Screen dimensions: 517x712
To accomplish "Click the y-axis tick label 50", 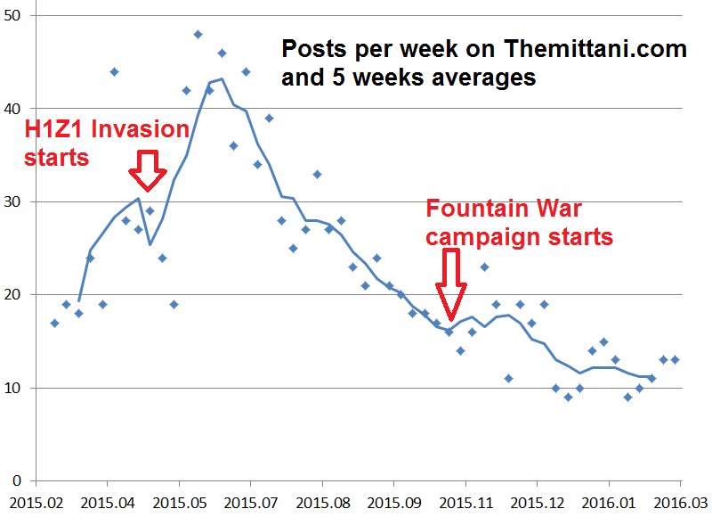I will point(15,15).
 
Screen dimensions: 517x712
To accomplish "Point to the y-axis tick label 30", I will point(15,201).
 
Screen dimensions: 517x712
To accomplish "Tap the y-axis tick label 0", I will point(20,480).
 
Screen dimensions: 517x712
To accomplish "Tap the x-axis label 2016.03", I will point(681,503).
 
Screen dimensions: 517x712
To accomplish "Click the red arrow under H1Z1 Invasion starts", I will point(146,170).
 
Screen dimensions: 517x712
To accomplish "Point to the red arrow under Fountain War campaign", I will point(452,284).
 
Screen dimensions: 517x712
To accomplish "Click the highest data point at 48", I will point(198,35).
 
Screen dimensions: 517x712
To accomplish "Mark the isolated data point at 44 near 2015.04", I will point(114,71).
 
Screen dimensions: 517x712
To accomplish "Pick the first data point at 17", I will point(54,323).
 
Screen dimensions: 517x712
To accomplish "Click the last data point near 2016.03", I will point(675,360).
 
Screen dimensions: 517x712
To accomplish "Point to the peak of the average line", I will point(221,79).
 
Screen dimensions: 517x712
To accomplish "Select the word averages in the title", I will point(484,78).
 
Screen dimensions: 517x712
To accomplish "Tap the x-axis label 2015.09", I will point(393,503).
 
